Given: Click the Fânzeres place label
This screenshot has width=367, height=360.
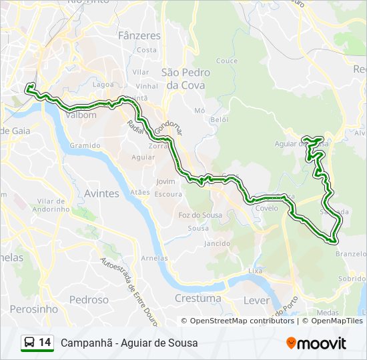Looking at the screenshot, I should point(139,35).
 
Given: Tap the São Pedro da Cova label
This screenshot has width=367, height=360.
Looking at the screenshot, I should point(186,79).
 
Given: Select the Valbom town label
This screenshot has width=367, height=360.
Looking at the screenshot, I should point(81,115).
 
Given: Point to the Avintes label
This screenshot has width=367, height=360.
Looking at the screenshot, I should point(101,193).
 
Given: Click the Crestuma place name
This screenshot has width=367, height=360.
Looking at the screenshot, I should point(198,299).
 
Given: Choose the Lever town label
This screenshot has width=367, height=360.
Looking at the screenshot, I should point(257,300).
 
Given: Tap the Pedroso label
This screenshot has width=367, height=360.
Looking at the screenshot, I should point(89,300).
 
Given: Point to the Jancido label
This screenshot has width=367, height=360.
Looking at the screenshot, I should point(218,244).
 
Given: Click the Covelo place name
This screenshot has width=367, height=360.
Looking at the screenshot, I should point(266,208).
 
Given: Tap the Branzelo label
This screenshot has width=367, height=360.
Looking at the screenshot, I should point(351,254).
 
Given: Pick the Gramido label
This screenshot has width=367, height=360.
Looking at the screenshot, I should point(84,145).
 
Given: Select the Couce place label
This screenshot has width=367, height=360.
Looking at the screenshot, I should point(227,61).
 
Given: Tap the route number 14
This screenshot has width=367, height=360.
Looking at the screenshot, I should point(45,343).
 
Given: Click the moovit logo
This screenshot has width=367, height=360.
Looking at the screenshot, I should point(316,343).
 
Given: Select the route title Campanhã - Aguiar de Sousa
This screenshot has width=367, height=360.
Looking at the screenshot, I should point(129,343).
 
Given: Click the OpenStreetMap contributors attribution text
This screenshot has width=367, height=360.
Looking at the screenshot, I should point(242,321).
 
